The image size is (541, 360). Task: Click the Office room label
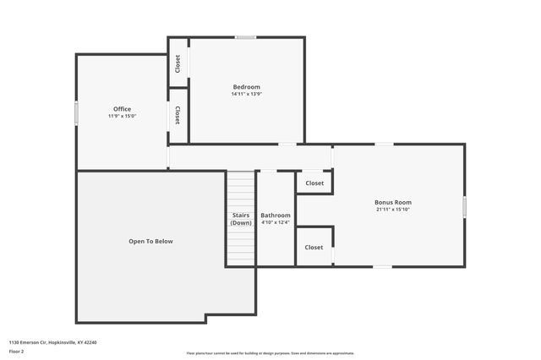pyautogui.click(x=122, y=109)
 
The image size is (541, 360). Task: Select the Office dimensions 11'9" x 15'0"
pyautogui.click(x=122, y=116)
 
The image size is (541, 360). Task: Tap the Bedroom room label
pyautogui.click(x=246, y=87)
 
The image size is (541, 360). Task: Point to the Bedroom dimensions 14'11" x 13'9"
pyautogui.click(x=246, y=94)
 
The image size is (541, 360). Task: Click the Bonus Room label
pyautogui.click(x=393, y=202)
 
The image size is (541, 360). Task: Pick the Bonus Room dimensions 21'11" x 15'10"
pyautogui.click(x=393, y=209)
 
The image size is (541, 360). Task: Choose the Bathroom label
pyautogui.click(x=275, y=215)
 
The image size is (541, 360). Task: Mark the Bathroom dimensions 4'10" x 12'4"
pyautogui.click(x=275, y=222)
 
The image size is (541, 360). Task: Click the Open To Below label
pyautogui.click(x=150, y=241)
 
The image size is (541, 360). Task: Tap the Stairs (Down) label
pyautogui.click(x=241, y=219)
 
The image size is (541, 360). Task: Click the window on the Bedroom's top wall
pyautogui.click(x=246, y=37)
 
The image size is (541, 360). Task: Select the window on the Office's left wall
pyautogui.click(x=76, y=113)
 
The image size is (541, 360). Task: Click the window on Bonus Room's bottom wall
pyautogui.click(x=383, y=267)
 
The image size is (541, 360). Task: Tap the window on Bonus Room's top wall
pyautogui.click(x=384, y=145)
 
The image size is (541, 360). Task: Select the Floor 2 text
pyautogui.click(x=16, y=350)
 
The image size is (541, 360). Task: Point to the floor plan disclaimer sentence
pyautogui.click(x=270, y=353)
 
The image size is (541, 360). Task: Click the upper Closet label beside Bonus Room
pyautogui.click(x=314, y=183)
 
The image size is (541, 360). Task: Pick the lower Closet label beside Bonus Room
pyautogui.click(x=314, y=248)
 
